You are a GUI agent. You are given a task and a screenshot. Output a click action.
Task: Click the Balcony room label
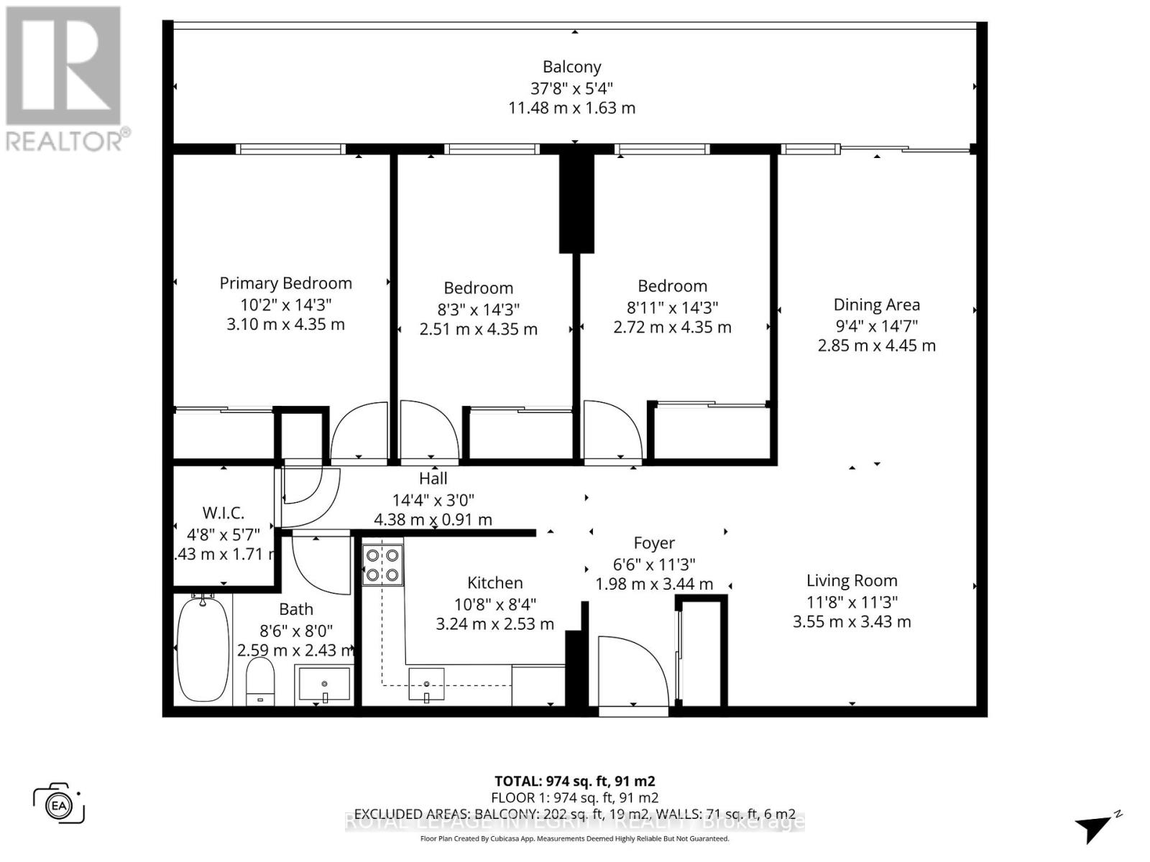(x=571, y=67)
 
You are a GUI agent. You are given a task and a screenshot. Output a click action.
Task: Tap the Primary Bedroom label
(x=285, y=283)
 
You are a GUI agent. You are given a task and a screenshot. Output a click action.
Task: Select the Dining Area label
(x=876, y=305)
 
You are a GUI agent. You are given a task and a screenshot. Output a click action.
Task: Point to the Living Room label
(x=852, y=580)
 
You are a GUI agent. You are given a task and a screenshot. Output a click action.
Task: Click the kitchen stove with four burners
(x=382, y=565)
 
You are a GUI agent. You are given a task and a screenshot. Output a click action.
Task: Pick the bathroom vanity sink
(x=324, y=684)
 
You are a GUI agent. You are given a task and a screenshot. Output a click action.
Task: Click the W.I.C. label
(x=223, y=513)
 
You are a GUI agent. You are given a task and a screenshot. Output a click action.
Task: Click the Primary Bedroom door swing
(x=359, y=431)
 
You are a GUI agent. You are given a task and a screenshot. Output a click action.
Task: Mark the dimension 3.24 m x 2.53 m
(x=494, y=624)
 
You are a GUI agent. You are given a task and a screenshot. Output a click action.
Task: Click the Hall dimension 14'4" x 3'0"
(x=433, y=500)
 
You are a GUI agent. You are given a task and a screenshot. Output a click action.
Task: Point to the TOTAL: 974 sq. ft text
(x=574, y=781)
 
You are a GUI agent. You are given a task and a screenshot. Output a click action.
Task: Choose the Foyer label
(x=653, y=543)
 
